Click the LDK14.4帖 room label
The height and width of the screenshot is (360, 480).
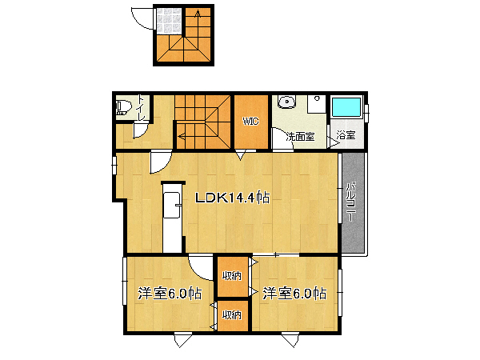pyautogui.click(x=233, y=198)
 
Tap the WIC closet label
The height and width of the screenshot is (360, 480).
pyautogui.click(x=251, y=122)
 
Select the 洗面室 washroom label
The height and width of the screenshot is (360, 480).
pyautogui.click(x=300, y=137)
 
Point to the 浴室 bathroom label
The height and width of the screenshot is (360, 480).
pyautogui.click(x=346, y=135)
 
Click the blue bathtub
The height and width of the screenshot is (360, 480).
pyautogui.click(x=346, y=107)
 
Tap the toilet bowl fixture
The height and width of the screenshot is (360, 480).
pyautogui.click(x=123, y=107)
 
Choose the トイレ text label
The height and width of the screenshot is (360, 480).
pyautogui.click(x=141, y=108)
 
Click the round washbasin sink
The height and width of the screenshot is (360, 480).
pyautogui.click(x=287, y=102)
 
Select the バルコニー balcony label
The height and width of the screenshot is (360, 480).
pyautogui.click(x=351, y=202)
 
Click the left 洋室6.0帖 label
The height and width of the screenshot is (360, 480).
pyautogui.click(x=170, y=294)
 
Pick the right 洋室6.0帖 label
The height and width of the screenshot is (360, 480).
pyautogui.click(x=294, y=294)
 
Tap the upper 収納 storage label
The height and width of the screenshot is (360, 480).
pyautogui.click(x=232, y=276)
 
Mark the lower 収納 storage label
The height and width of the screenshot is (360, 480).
pyautogui.click(x=232, y=314)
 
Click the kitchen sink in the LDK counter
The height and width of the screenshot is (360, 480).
pyautogui.click(x=171, y=205)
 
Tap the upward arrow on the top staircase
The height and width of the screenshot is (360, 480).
pyautogui.click(x=198, y=14)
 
